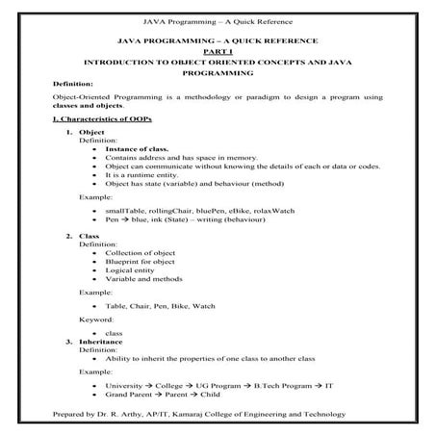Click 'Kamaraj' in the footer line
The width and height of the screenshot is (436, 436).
click(204, 416)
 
